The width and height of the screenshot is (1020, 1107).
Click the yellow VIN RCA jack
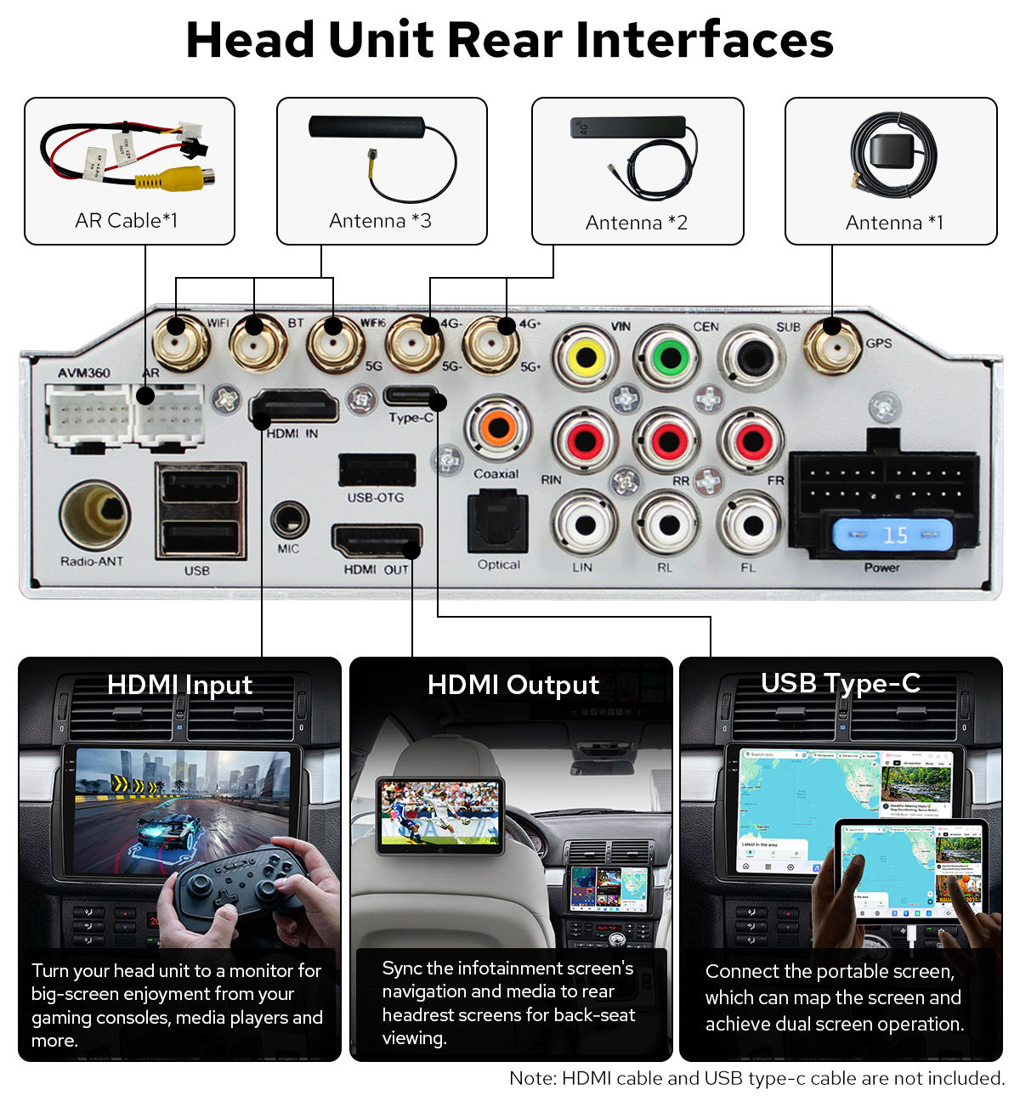tap(586, 358)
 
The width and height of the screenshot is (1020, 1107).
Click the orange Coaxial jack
tap(498, 427)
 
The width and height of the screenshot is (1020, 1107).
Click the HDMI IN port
tap(294, 407)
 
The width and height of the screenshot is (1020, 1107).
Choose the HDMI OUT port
tap(376, 541)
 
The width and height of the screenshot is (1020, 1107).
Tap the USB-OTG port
tap(377, 470)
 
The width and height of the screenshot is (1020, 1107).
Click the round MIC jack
tap(289, 518)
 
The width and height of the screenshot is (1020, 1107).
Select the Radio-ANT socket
tap(95, 515)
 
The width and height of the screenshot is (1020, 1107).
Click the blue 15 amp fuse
tap(892, 535)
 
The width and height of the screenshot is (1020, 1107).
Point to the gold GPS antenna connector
tap(833, 345)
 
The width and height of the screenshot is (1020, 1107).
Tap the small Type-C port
tap(411, 396)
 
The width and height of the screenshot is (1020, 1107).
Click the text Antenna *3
tap(380, 221)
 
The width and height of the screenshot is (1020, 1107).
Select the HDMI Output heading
tap(513, 685)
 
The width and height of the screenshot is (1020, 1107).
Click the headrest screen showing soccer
tap(440, 815)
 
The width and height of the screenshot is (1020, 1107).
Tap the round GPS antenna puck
tap(893, 155)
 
